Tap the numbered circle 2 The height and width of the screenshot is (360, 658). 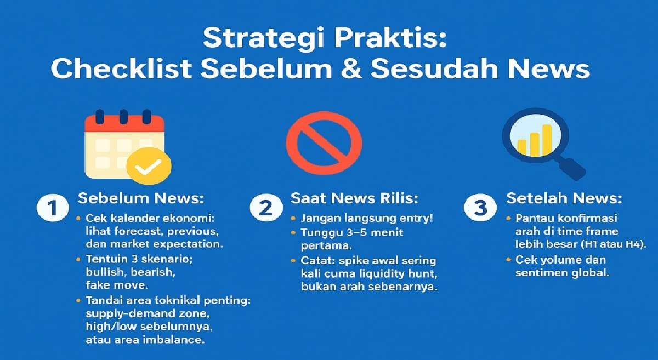[x=265, y=208]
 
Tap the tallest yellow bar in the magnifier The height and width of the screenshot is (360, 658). [x=546, y=139]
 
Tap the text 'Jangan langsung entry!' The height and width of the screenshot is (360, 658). [x=367, y=218]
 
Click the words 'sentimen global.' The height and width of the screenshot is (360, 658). [x=562, y=273]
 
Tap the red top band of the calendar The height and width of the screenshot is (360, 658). [x=124, y=123]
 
